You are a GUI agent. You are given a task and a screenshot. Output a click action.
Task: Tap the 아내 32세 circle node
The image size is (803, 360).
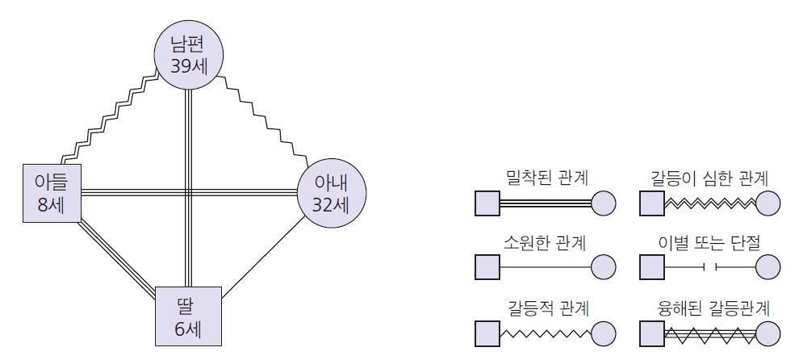[332, 195]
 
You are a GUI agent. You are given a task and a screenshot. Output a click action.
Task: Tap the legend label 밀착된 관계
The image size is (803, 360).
[545, 176]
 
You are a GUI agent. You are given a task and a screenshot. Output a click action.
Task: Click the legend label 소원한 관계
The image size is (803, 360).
[545, 241]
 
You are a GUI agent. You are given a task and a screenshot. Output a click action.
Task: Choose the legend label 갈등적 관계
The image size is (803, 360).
[545, 306]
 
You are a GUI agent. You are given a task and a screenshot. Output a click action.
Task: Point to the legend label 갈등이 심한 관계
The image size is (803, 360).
[709, 176]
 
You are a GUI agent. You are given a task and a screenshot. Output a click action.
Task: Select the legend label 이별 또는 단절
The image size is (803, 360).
[709, 241]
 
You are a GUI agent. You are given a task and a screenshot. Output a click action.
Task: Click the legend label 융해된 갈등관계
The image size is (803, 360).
[709, 306]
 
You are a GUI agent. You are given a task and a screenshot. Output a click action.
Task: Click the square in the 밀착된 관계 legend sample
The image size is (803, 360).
[487, 203]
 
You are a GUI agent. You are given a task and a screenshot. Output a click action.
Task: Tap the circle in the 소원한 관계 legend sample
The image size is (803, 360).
[604, 266]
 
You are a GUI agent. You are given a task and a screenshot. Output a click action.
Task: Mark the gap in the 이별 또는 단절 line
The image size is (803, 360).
[709, 266]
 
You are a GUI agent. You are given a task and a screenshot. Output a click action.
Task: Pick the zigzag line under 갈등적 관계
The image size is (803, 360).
[545, 332]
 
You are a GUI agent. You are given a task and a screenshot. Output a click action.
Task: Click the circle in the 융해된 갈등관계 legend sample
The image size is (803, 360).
[768, 333]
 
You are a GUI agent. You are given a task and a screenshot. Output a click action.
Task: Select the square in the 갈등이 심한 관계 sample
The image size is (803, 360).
[651, 203]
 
